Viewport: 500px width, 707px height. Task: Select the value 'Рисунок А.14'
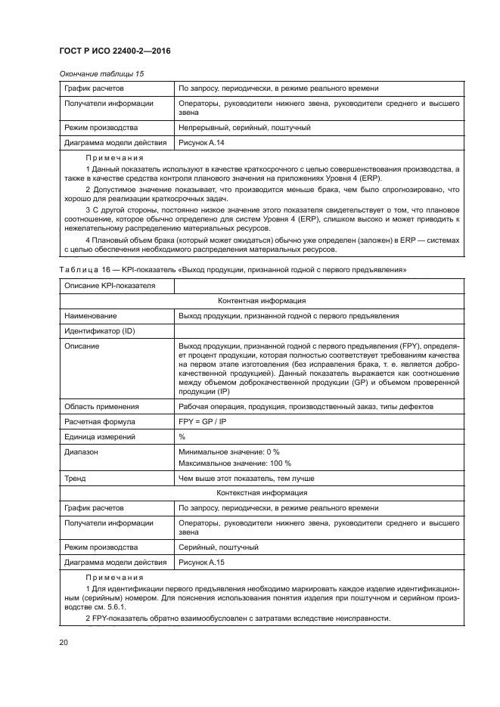(x=200, y=142)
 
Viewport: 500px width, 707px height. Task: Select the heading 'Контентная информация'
(x=261, y=301)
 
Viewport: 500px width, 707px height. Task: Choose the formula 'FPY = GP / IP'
(x=202, y=421)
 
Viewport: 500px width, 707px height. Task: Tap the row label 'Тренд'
(x=75, y=478)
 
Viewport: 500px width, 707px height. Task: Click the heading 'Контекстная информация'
(x=261, y=493)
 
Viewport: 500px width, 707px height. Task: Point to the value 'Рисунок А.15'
(x=200, y=563)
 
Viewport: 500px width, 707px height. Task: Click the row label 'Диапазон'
(x=82, y=451)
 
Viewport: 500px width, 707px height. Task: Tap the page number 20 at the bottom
(x=64, y=642)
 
